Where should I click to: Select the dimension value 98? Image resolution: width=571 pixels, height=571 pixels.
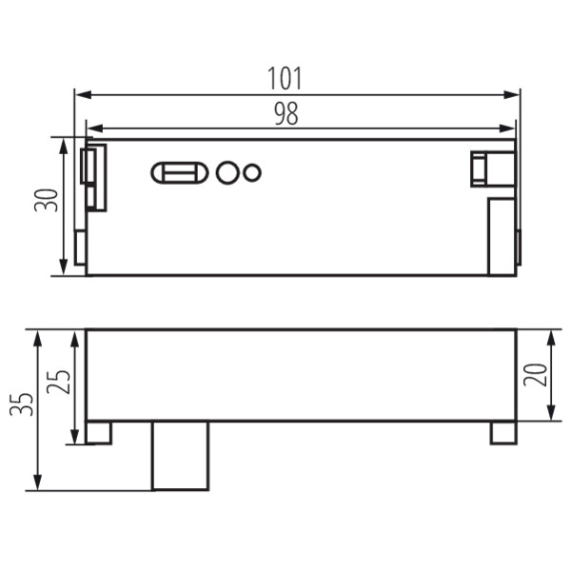point(285,114)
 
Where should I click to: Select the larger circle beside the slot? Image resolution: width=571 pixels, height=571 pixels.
point(227,172)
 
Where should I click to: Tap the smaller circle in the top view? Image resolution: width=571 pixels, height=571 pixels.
point(251,172)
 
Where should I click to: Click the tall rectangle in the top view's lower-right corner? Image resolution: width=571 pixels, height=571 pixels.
point(502,237)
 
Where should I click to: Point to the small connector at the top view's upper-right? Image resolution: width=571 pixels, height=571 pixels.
point(490,168)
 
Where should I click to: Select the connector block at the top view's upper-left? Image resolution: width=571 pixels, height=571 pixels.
point(94,177)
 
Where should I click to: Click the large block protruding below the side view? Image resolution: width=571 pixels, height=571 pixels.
point(180,456)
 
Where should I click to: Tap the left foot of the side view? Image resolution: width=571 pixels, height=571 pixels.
point(98,432)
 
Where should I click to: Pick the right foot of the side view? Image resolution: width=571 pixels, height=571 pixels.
point(503,432)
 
